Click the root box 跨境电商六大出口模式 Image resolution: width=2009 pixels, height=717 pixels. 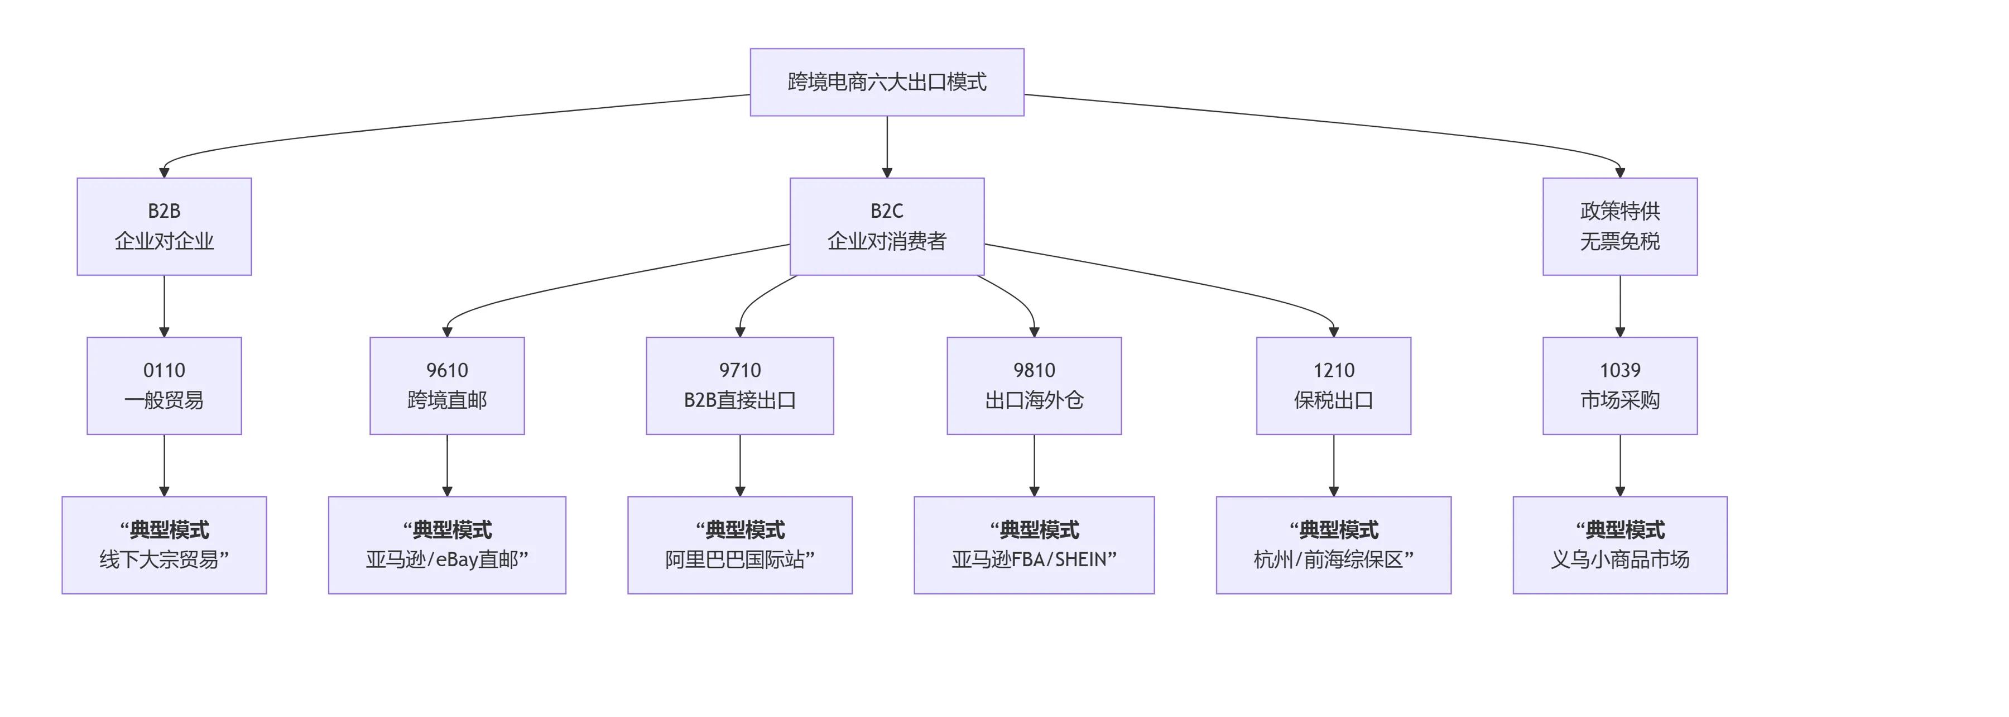(887, 82)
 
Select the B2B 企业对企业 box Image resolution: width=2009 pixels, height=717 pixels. (164, 226)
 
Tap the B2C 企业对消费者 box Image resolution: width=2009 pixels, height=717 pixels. (887, 226)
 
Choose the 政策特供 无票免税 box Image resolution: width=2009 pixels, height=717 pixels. (1620, 226)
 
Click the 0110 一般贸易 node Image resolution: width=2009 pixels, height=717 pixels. (164, 385)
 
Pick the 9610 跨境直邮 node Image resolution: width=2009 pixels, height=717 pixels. (447, 385)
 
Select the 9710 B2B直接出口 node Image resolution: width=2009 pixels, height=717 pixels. (739, 385)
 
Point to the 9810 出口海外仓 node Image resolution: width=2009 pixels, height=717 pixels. (1034, 385)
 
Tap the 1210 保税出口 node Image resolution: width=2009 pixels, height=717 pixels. (1334, 385)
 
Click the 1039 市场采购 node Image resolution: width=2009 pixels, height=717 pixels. (1620, 385)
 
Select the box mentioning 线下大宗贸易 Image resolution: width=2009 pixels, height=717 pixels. (164, 544)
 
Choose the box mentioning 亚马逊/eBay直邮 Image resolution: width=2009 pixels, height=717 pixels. (447, 544)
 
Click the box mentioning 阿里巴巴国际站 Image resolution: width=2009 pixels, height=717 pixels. (739, 544)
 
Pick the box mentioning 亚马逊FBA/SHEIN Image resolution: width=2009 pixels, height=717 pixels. (1034, 544)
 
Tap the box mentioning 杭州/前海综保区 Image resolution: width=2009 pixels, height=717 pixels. (1334, 544)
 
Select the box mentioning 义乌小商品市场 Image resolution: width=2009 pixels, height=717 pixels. (1620, 544)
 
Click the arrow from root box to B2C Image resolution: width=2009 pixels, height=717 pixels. (887, 147)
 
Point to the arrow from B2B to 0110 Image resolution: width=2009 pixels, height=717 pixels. (164, 306)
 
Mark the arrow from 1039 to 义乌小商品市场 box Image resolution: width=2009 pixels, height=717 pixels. (1620, 465)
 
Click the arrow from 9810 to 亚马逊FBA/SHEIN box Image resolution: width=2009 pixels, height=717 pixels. (1034, 465)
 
